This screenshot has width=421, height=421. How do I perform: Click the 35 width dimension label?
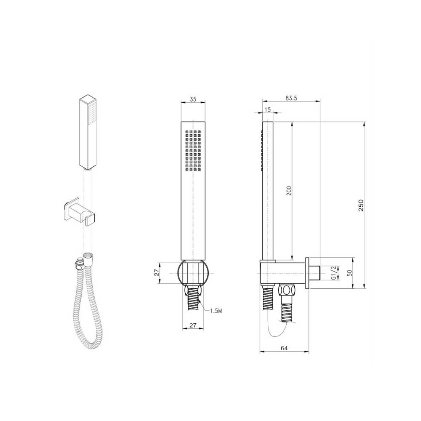193,99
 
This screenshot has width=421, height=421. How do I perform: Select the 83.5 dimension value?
291,98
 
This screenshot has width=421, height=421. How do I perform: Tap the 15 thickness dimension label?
267,109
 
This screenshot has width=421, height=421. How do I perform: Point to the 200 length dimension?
289,190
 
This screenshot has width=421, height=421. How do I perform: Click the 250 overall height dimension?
361,205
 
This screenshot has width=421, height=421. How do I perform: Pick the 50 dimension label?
349,273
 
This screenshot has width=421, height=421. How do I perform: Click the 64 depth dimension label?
284,348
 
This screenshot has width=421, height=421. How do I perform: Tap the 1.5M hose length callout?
216,311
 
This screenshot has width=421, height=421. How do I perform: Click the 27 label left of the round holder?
157,273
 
